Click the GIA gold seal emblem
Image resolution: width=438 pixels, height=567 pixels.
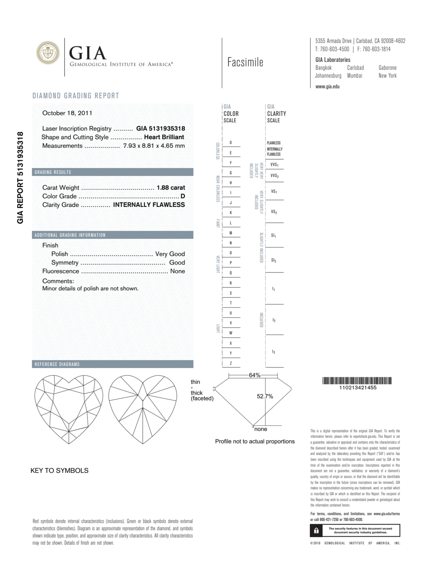(48, 53)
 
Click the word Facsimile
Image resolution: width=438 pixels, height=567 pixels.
(245, 62)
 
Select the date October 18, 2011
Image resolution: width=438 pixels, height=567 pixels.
(67, 113)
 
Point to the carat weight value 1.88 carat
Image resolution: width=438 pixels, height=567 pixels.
(171, 187)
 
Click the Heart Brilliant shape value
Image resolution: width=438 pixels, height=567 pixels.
(164, 137)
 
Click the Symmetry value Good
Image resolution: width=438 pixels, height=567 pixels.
(177, 262)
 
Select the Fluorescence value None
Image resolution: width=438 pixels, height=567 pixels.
(177, 271)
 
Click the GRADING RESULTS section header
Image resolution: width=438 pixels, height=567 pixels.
(53, 172)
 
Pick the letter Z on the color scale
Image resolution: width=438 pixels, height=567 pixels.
(230, 363)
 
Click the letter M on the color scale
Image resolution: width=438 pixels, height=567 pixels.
(230, 233)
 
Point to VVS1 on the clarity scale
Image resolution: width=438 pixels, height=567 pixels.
(274, 165)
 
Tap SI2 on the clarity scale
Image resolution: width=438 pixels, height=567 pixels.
(274, 260)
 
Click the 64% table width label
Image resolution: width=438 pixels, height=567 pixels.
(254, 375)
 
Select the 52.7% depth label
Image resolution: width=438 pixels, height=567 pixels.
(265, 396)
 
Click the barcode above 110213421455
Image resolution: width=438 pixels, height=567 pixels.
(357, 381)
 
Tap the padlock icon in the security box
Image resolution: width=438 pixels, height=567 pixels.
(316, 530)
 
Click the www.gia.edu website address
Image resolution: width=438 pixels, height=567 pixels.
(327, 86)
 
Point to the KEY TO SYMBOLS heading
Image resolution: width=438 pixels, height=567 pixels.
(60, 470)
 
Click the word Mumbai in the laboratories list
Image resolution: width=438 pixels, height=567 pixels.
(354, 76)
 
